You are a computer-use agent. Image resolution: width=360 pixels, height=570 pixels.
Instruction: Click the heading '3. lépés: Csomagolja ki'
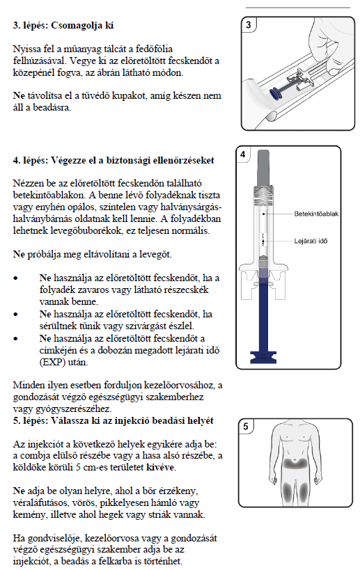(x=63, y=26)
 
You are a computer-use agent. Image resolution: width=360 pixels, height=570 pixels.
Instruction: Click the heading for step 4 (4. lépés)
(x=114, y=160)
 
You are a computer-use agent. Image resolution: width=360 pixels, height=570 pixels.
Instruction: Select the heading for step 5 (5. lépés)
(x=113, y=420)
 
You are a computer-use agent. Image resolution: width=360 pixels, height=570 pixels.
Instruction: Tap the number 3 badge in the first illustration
(x=249, y=25)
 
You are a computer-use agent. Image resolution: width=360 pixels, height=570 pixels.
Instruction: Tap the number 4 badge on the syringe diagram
(x=243, y=155)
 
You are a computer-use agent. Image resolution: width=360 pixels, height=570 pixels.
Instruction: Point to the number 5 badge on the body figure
(x=246, y=426)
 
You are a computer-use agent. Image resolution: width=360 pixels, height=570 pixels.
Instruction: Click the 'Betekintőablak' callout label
(x=316, y=214)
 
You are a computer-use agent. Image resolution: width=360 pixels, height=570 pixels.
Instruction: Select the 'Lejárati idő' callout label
(x=311, y=241)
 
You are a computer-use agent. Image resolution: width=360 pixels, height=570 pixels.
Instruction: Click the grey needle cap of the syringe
(x=264, y=168)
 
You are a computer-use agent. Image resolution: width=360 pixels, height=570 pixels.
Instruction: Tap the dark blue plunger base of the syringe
(x=263, y=357)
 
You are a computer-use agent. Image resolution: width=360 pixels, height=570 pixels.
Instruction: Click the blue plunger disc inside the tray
(x=276, y=94)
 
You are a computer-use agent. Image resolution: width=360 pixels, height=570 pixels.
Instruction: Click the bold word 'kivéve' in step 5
(x=160, y=467)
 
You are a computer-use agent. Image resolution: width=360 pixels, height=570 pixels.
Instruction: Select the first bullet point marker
(x=15, y=278)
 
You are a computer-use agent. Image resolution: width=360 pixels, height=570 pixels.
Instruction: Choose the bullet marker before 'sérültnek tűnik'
(x=15, y=315)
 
